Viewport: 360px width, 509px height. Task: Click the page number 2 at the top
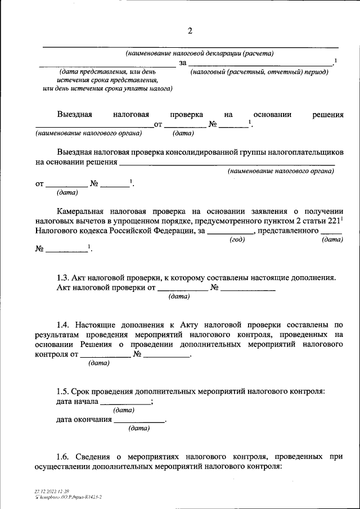[190, 30]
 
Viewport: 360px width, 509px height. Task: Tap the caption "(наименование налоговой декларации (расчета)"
[200, 54]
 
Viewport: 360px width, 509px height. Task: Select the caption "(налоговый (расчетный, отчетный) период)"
[259, 73]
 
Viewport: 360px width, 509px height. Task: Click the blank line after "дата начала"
[125, 402]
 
